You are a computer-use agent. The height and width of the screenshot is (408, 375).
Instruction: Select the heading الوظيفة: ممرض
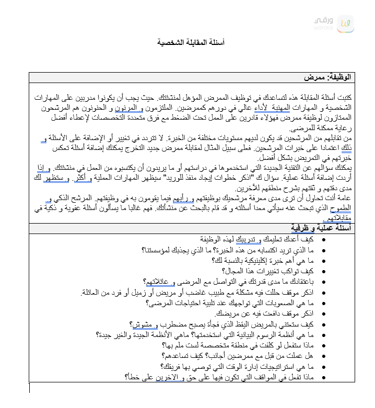pyautogui.click(x=327, y=77)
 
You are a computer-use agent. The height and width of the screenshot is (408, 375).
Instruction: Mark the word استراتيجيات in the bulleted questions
pyautogui.click(x=283, y=366)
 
